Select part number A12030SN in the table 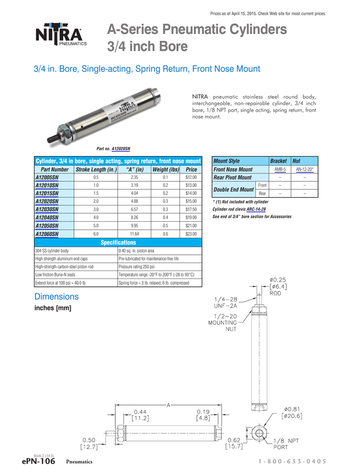[x=47, y=209]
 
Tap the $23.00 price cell [x=191, y=234]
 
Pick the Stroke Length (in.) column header [x=96, y=170]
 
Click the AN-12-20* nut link [x=305, y=170]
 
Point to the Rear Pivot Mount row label [x=232, y=178]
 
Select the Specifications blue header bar [x=118, y=243]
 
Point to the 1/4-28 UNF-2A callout [x=226, y=303]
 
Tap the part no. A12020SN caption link [x=121, y=149]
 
